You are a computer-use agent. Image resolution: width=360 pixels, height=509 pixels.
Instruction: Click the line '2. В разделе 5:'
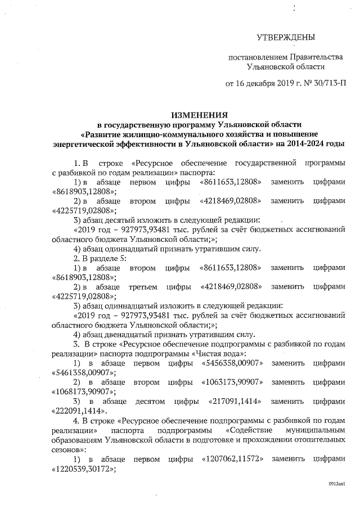[x=100, y=258]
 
